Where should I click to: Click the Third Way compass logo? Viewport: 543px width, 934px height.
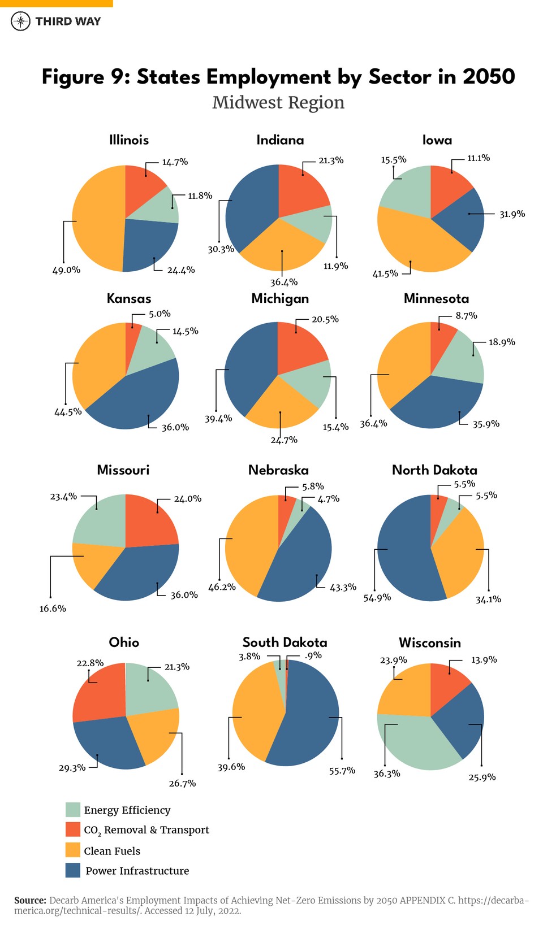click(x=21, y=21)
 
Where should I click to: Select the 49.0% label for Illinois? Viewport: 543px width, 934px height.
click(x=66, y=270)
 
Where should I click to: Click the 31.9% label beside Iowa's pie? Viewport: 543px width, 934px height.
click(x=512, y=214)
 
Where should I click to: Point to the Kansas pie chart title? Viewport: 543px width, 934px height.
click(x=129, y=299)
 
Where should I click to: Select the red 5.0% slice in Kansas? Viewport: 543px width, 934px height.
click(x=132, y=333)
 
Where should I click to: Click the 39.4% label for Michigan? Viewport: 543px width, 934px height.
click(x=218, y=419)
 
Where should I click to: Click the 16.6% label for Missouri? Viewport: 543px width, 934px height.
click(x=53, y=609)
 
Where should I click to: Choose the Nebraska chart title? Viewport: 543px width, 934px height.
click(x=278, y=470)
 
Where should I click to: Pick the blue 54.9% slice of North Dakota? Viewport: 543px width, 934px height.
click(x=402, y=554)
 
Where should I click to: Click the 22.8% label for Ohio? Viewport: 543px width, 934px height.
click(x=90, y=663)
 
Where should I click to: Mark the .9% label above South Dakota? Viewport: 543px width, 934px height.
click(x=313, y=655)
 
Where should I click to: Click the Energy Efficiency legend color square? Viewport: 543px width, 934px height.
click(x=73, y=810)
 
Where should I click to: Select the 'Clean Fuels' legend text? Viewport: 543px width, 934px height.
click(x=112, y=851)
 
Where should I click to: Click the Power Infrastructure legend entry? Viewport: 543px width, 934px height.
click(x=137, y=871)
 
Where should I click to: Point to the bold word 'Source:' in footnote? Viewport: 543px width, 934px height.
click(x=30, y=900)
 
